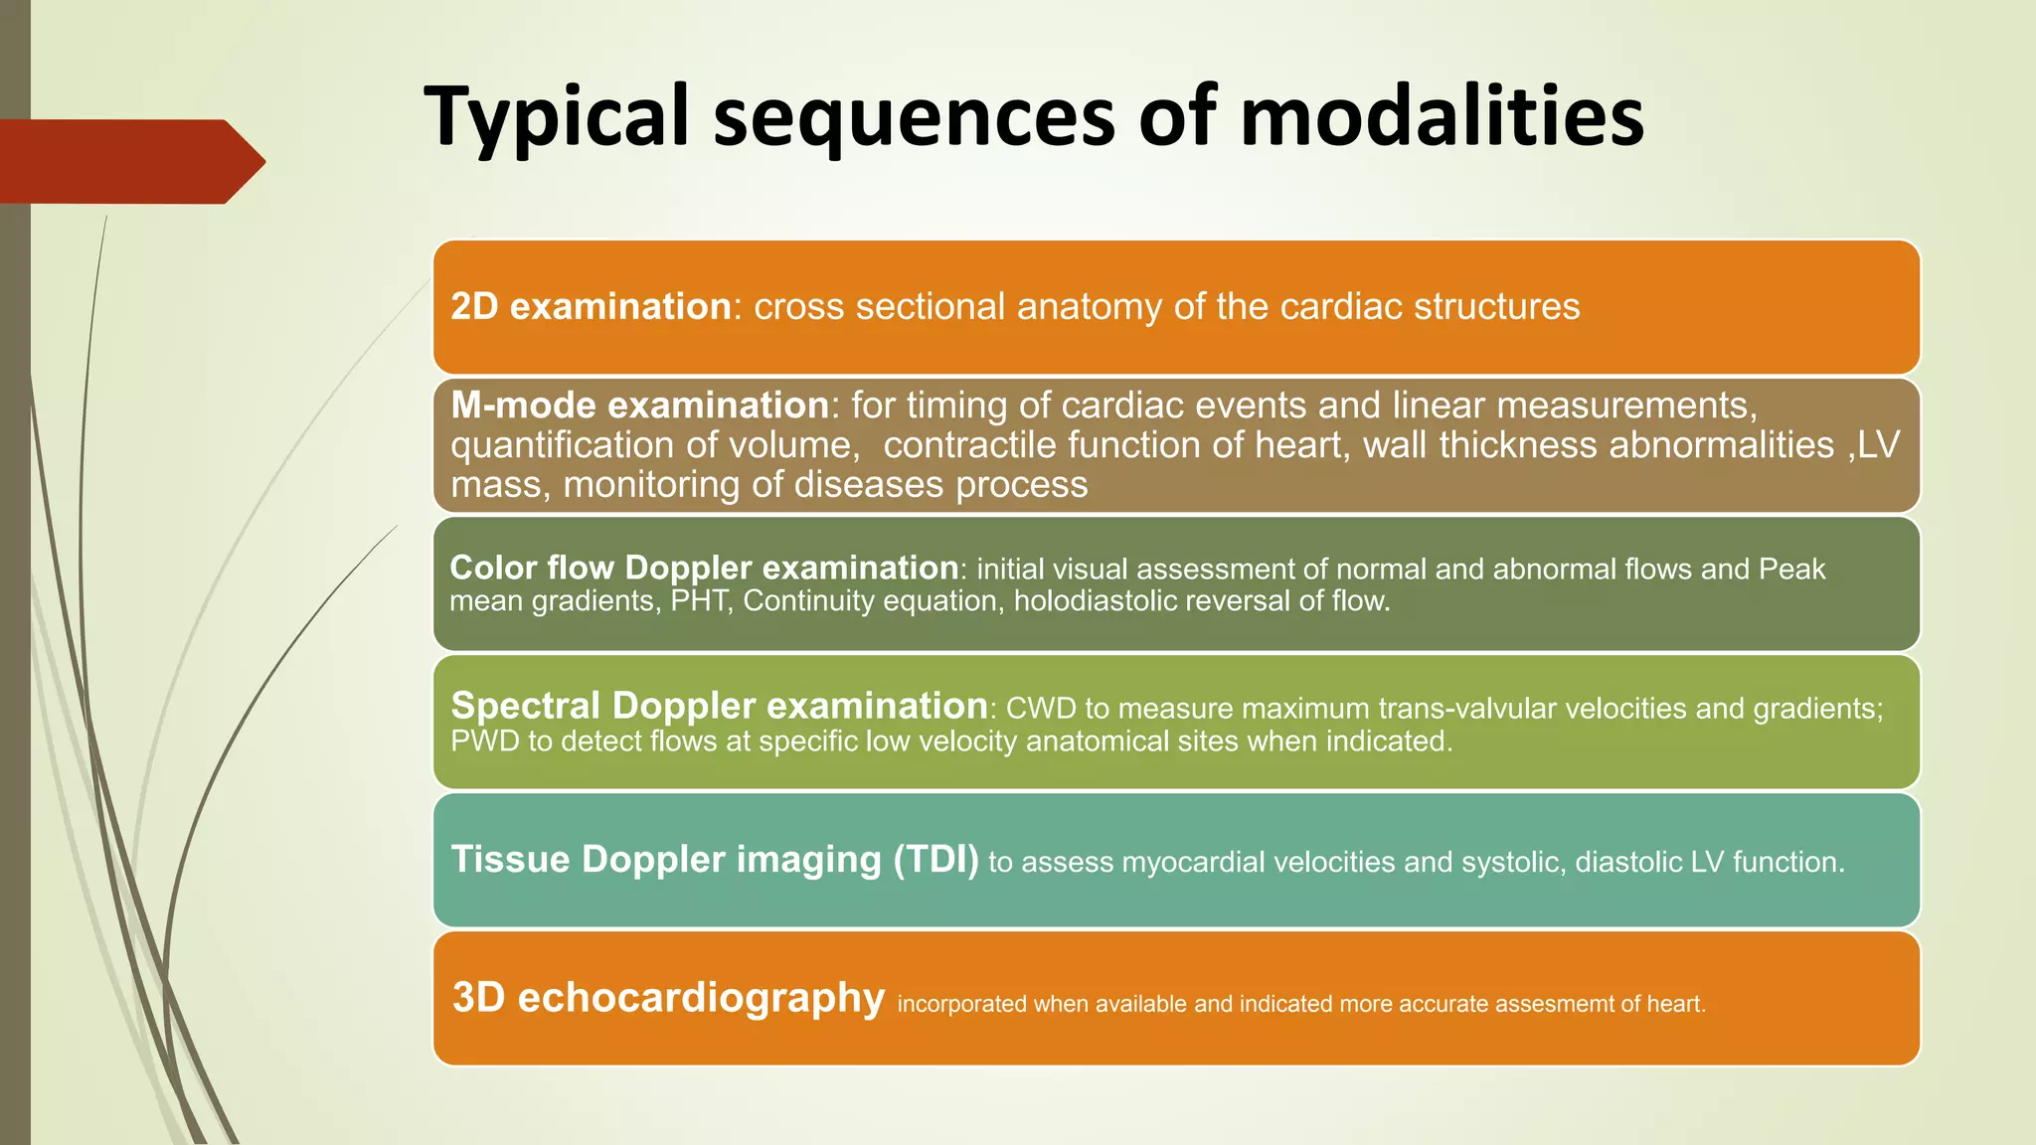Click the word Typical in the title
point(556,117)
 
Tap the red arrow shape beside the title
point(129,161)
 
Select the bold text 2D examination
point(591,307)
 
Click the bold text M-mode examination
point(639,406)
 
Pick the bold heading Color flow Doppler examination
point(703,568)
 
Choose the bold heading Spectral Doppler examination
point(718,706)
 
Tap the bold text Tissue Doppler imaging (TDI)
point(715,860)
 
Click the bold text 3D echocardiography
point(668,998)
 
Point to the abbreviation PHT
point(701,601)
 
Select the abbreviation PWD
point(484,741)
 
